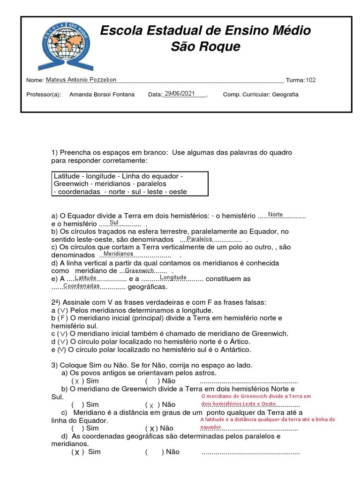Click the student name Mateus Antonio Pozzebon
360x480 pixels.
click(81, 80)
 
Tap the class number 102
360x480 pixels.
click(311, 80)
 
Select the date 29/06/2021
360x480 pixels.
click(180, 94)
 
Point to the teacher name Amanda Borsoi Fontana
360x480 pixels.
click(102, 94)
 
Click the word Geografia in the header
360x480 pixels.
click(285, 94)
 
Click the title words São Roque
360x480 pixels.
click(205, 46)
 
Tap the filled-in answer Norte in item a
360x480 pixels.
click(275, 215)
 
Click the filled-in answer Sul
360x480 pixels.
click(114, 223)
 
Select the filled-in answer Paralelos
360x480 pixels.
click(199, 239)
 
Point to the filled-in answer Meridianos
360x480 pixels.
click(118, 254)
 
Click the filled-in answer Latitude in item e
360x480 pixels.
click(85, 278)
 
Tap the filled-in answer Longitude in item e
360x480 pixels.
click(173, 277)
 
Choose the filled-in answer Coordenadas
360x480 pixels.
click(82, 286)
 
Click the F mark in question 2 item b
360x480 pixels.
click(63, 318)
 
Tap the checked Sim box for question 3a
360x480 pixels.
click(77, 381)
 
